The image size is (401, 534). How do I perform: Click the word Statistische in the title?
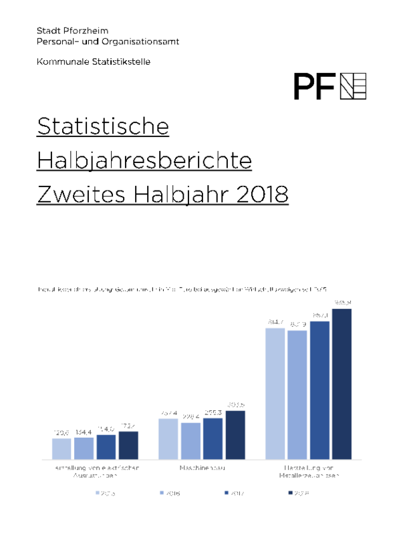point(103,126)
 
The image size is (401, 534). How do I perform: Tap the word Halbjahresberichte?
point(144,160)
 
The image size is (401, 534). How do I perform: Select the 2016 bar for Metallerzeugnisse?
point(297,394)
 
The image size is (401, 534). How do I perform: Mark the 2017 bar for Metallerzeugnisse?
point(319,390)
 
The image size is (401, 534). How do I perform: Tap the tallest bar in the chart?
point(342,384)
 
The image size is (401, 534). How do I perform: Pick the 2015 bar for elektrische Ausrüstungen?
point(61,448)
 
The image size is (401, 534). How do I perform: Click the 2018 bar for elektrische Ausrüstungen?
point(128,445)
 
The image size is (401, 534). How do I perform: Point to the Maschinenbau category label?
point(202,468)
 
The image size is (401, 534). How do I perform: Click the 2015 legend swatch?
point(98,493)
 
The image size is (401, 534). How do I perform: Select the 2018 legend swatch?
point(290,493)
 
